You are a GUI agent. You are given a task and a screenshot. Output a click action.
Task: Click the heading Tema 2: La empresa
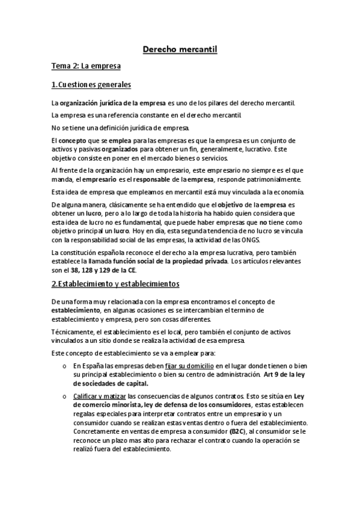(86, 66)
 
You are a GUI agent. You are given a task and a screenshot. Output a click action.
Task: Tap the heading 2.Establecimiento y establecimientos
(115, 283)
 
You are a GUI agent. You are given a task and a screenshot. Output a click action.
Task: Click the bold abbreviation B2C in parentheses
(238, 431)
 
